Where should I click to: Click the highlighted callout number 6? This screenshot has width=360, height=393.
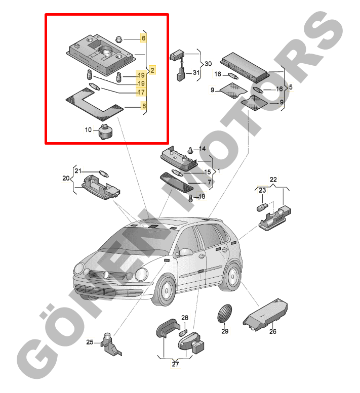143,38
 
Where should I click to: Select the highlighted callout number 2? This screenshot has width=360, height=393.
152,70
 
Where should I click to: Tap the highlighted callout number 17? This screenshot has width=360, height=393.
141,92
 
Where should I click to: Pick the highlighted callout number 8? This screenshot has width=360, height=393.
144,106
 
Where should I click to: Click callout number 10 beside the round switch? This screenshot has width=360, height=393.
88,129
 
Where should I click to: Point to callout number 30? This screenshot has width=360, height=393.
208,64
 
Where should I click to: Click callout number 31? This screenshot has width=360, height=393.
196,73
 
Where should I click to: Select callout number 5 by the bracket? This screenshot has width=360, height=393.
291,87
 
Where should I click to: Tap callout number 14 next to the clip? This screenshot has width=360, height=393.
202,149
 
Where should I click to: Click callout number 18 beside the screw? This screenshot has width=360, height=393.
202,196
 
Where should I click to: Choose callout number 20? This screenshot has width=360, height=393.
66,178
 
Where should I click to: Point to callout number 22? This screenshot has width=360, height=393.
273,180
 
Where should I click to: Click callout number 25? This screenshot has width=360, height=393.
90,342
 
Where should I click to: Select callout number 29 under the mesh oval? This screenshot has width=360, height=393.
225,331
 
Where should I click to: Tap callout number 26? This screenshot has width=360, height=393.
273,331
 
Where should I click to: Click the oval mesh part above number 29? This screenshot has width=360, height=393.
224,314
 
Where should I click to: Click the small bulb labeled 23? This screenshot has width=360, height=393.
262,207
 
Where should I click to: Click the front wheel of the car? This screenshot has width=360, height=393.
165,290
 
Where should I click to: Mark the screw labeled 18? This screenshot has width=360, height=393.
191,198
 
